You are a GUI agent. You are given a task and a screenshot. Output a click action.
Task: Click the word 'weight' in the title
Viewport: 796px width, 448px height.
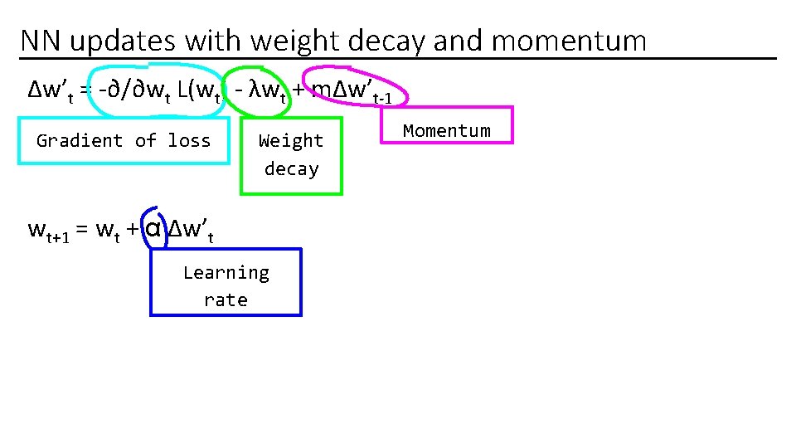point(294,40)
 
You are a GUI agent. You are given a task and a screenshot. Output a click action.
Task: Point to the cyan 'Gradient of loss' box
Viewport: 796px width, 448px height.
point(124,140)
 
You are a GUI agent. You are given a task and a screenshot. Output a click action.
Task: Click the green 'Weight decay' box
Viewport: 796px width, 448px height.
point(291,155)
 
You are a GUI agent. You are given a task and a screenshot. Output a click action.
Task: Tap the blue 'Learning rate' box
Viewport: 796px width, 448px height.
point(226,283)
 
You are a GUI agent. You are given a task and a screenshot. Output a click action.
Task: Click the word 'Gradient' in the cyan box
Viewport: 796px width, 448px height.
point(80,140)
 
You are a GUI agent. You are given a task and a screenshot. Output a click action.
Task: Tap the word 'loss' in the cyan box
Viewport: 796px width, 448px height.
point(189,140)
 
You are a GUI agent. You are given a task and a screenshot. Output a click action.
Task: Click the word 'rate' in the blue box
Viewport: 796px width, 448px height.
point(226,299)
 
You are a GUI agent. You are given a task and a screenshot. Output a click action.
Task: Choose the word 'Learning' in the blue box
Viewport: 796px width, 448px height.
point(226,272)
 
